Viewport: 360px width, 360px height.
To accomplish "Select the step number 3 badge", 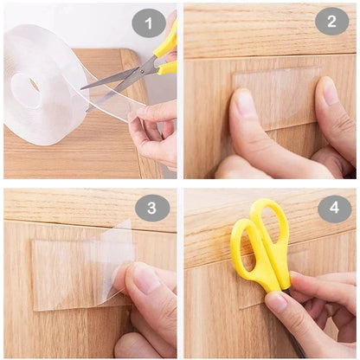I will tap(152, 207).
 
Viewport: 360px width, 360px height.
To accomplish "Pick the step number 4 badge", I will tap(332, 207).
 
